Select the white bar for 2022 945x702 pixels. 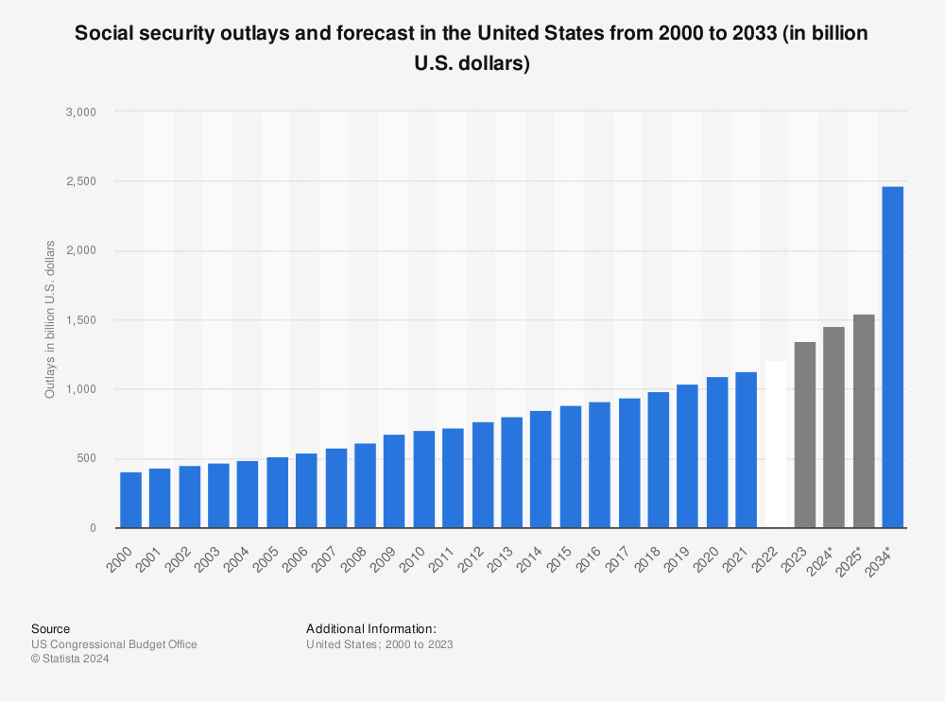[775, 444]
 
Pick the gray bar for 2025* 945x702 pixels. [863, 421]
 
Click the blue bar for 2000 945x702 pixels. [130, 500]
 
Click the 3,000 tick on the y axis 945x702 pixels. [84, 111]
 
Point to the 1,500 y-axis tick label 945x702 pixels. [84, 320]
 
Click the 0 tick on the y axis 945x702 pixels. [93, 528]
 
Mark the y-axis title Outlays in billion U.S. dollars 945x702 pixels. [50, 319]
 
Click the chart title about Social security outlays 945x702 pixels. [472, 48]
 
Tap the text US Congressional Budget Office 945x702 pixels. [114, 644]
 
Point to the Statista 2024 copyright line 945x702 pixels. [70, 659]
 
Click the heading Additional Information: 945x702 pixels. [371, 628]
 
